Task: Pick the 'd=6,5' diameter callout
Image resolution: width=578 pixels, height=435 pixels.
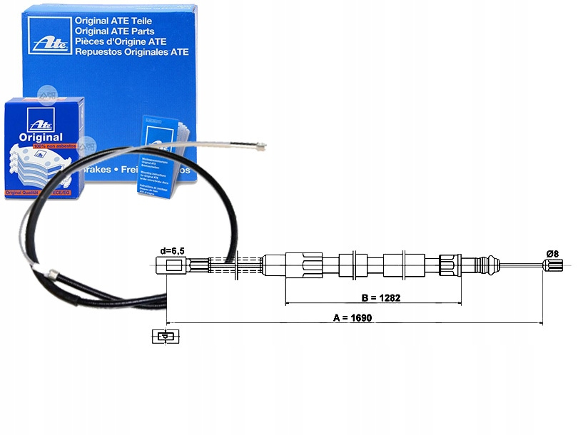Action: [x=172, y=250]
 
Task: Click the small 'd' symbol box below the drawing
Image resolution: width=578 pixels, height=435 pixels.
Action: [x=164, y=337]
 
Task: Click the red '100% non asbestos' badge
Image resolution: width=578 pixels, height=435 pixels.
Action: [x=47, y=145]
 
